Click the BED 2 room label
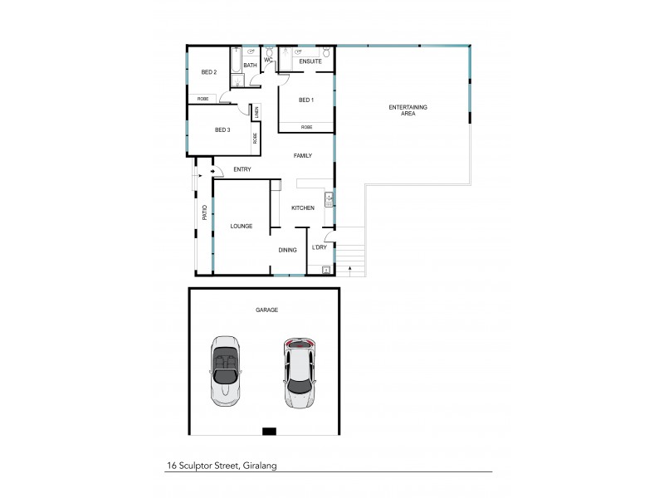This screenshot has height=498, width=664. pos(209,72)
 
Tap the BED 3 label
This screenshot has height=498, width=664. pos(222,129)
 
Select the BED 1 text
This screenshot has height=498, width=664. pos(307,100)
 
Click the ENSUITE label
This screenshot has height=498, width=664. pos(310,61)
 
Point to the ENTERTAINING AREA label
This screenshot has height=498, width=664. pos(403,110)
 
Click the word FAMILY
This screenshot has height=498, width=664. pos(302,155)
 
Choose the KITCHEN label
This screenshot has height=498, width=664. pos(303,207)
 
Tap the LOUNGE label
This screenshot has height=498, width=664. pos(242,226)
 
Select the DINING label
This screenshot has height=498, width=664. pos(287,249)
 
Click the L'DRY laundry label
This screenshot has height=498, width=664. pos(320,247)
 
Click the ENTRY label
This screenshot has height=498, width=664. pos(242,170)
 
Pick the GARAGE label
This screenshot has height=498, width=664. pos(266,310)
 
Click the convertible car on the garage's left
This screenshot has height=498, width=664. pos(224,369)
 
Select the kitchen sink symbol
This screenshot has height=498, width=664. pos(330,198)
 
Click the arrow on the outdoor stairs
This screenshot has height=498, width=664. pos(350,268)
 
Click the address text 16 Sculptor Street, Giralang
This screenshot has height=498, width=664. pos(221,466)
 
